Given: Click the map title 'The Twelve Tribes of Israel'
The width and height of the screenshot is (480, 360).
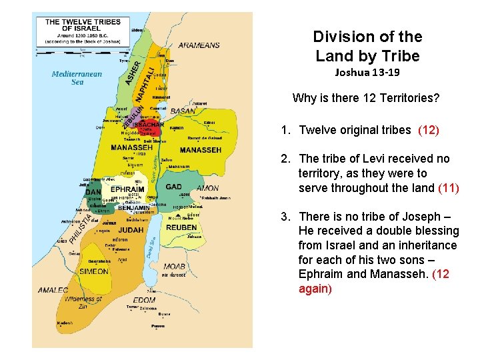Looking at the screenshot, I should (83, 25).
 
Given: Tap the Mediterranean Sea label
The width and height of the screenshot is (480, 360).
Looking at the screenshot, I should (77, 77).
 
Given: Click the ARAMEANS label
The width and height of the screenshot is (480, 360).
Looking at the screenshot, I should (199, 45).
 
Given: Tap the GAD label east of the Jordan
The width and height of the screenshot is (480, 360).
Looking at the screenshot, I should (173, 187).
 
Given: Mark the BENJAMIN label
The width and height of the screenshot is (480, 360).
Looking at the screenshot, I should (135, 208).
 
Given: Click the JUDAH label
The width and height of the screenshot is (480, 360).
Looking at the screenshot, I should (131, 230).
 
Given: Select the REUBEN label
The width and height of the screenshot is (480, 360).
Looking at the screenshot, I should (182, 227).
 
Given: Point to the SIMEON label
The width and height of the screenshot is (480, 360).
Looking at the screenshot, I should (94, 271).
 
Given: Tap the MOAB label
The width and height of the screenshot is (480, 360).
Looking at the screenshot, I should (174, 266).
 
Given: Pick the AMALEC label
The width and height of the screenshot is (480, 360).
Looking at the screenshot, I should (53, 290).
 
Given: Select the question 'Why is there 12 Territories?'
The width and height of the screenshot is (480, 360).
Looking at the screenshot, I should (366, 99).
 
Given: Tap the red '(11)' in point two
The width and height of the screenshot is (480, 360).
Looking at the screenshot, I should (448, 188).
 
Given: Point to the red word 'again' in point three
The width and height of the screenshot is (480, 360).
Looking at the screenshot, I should (314, 289).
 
